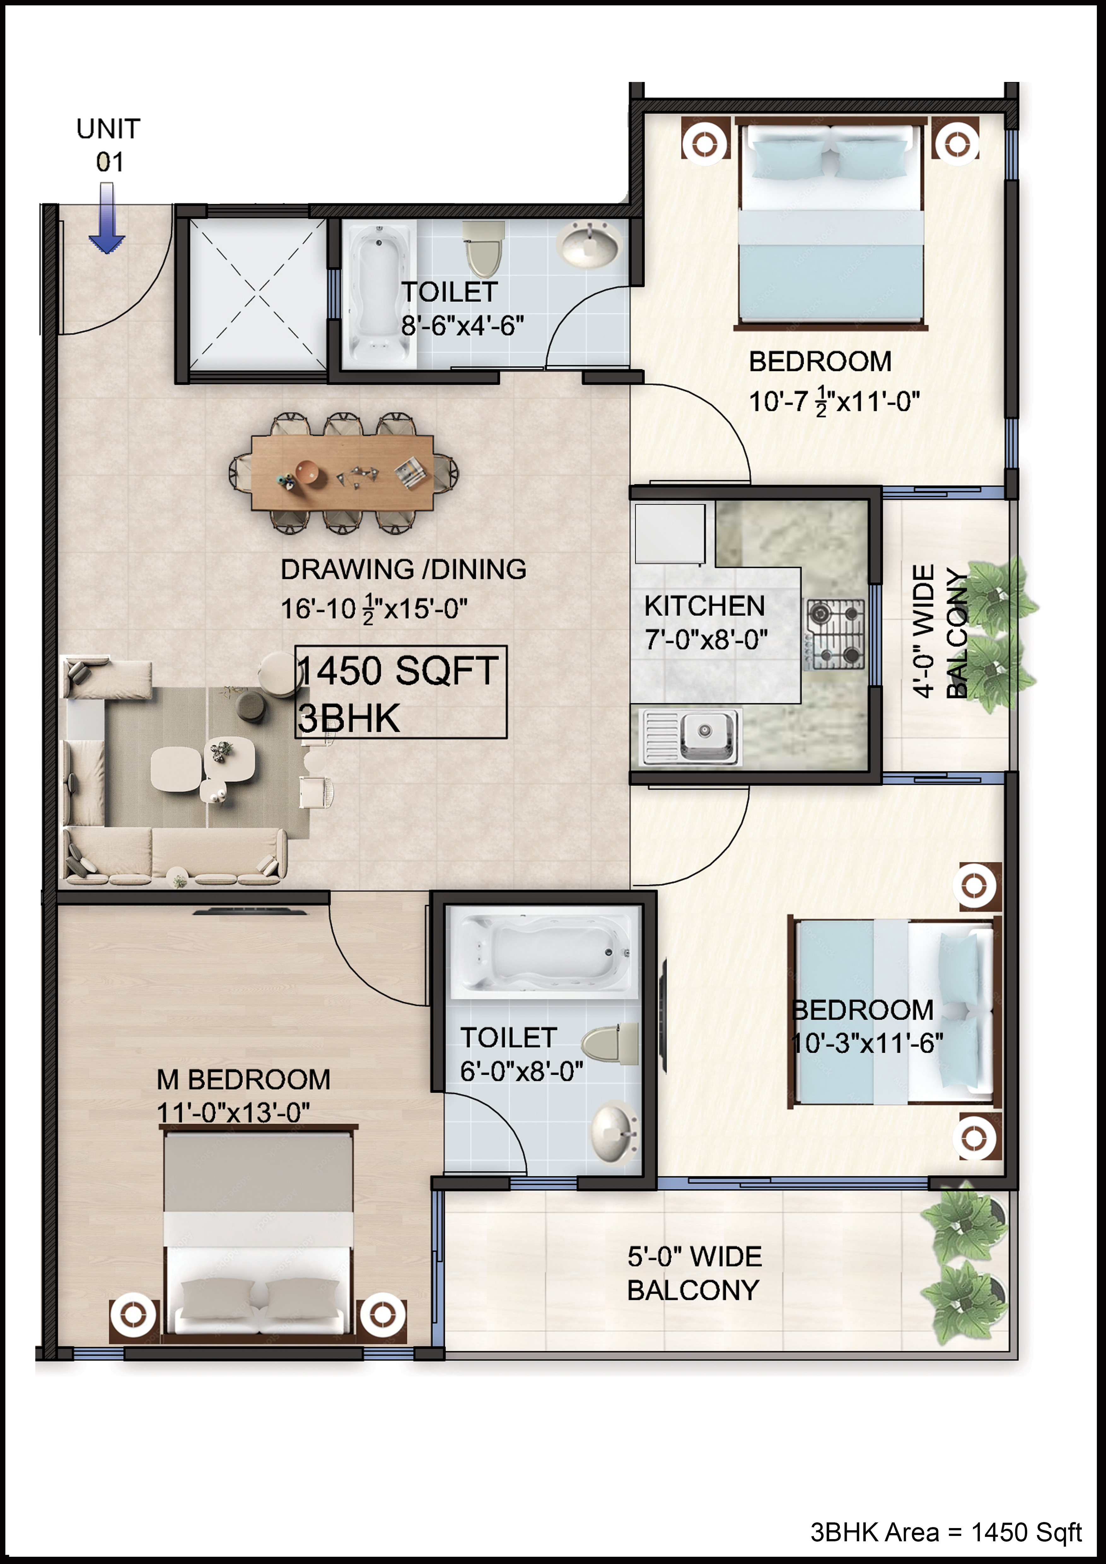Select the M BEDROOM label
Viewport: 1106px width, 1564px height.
(x=243, y=1080)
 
